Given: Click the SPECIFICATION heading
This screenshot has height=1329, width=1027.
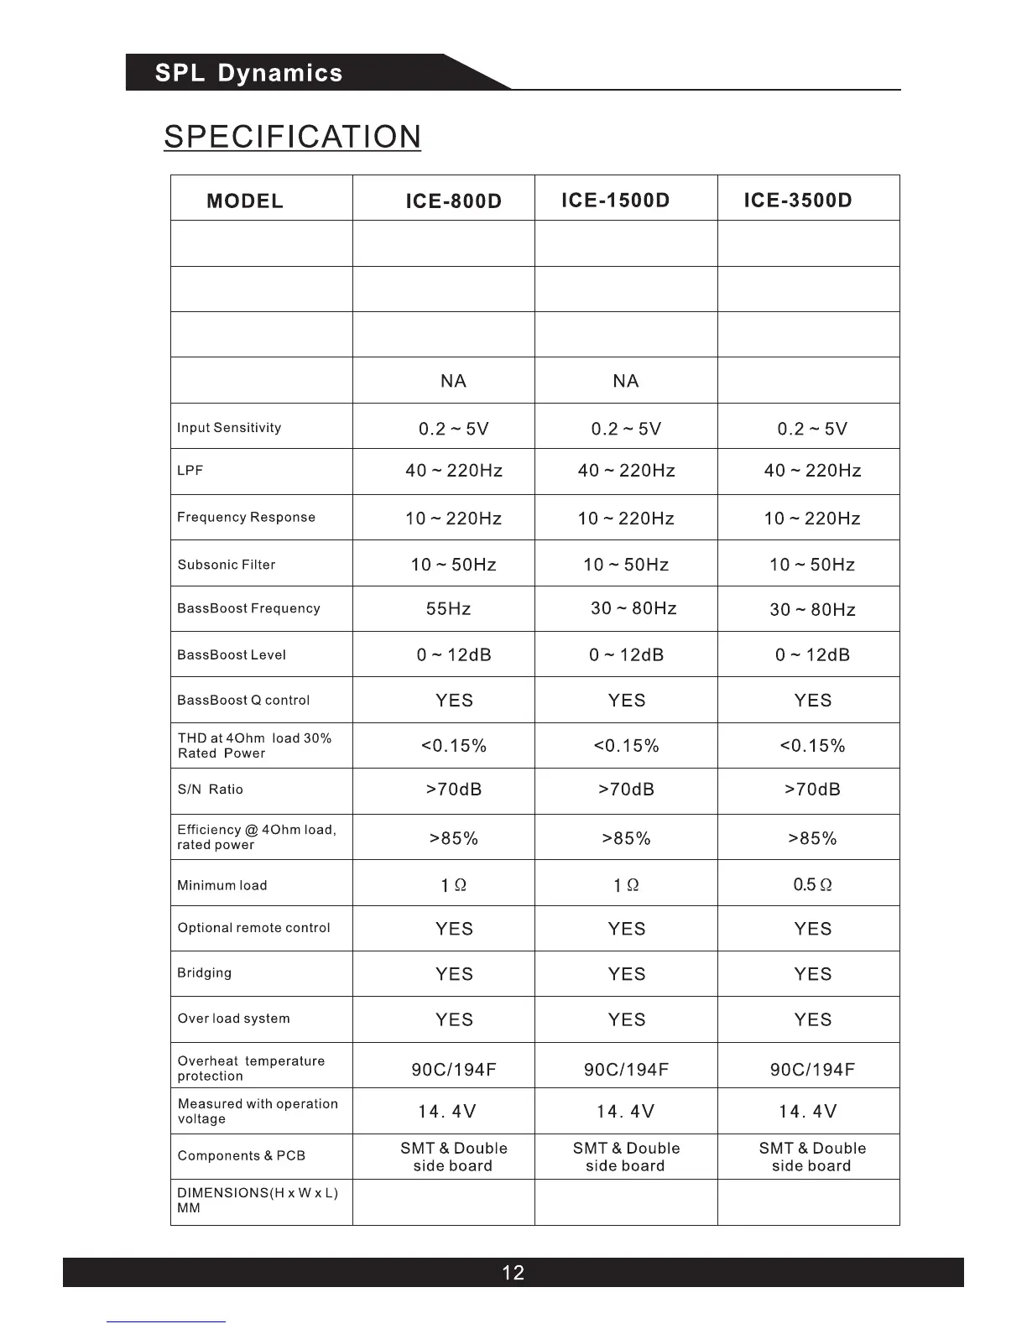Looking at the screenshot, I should pyautogui.click(x=292, y=137).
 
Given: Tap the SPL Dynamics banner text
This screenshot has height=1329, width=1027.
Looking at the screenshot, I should pyautogui.click(x=248, y=73).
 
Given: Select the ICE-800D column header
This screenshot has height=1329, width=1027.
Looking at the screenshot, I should pyautogui.click(x=453, y=201).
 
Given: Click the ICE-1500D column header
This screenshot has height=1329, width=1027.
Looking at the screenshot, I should pyautogui.click(x=615, y=201).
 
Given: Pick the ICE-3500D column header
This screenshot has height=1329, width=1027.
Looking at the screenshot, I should pyautogui.click(x=797, y=201).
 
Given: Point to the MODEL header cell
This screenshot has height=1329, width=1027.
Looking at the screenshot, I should pyautogui.click(x=245, y=201).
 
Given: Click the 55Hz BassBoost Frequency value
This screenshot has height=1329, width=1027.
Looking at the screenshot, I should pyautogui.click(x=448, y=609).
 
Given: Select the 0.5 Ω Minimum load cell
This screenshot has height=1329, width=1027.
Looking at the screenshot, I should pyautogui.click(x=812, y=885).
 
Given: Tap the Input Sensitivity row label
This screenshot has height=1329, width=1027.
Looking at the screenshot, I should pyautogui.click(x=229, y=428).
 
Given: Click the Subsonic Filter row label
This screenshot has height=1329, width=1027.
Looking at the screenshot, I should pyautogui.click(x=227, y=565).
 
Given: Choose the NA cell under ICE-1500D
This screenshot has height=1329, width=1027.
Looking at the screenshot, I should pyautogui.click(x=626, y=382).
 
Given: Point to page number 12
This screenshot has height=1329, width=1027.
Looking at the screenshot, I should pyautogui.click(x=513, y=1273).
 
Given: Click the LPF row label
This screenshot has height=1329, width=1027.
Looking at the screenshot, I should pyautogui.click(x=190, y=471).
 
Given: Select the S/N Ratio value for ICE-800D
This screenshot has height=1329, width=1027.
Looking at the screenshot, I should pyautogui.click(x=454, y=790).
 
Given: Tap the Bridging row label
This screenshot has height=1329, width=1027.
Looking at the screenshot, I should pyautogui.click(x=204, y=973).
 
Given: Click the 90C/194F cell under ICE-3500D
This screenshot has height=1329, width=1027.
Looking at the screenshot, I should pyautogui.click(x=812, y=1070).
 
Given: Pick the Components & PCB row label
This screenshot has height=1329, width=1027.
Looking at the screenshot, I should pyautogui.click(x=241, y=1156).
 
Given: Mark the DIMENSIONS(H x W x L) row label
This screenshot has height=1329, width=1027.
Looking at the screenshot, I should pyautogui.click(x=257, y=1201).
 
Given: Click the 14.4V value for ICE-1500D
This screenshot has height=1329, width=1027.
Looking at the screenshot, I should pyautogui.click(x=626, y=1112).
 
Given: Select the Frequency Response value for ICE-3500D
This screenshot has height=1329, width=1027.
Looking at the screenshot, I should pyautogui.click(x=812, y=519).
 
